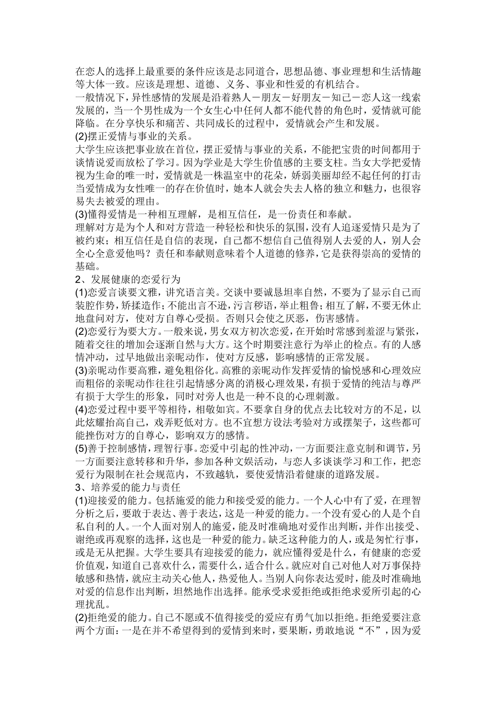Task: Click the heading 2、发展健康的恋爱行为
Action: pos(128,279)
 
